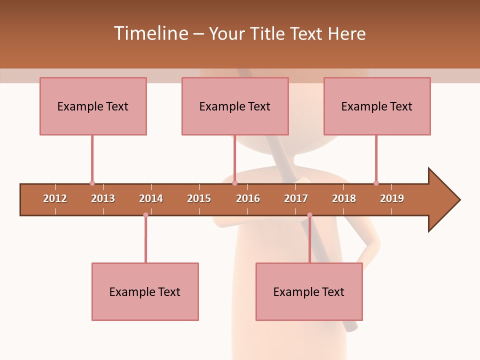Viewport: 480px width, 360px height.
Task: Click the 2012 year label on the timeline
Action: click(55, 198)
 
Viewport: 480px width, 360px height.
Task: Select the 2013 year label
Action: click(103, 198)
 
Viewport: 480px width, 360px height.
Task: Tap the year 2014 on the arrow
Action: click(151, 198)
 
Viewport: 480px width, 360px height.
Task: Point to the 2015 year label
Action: click(199, 198)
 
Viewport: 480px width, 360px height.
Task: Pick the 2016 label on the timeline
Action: click(248, 198)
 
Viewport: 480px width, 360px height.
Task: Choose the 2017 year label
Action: click(296, 198)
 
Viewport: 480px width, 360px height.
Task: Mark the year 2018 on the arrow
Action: click(344, 198)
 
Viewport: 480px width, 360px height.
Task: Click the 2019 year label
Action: click(392, 198)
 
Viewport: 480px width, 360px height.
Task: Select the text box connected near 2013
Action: click(93, 106)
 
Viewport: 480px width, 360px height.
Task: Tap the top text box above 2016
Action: click(235, 106)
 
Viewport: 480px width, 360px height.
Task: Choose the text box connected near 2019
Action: click(377, 106)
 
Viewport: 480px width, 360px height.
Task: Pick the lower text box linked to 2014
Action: click(145, 291)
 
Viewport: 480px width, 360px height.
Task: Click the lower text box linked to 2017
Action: click(309, 291)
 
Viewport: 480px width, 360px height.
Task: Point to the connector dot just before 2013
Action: click(92, 183)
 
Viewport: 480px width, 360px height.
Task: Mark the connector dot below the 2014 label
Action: click(145, 214)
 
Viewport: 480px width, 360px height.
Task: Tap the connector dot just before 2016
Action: click(234, 183)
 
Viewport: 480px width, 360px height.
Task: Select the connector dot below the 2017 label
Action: click(309, 214)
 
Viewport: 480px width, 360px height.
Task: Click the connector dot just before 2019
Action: click(376, 183)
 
